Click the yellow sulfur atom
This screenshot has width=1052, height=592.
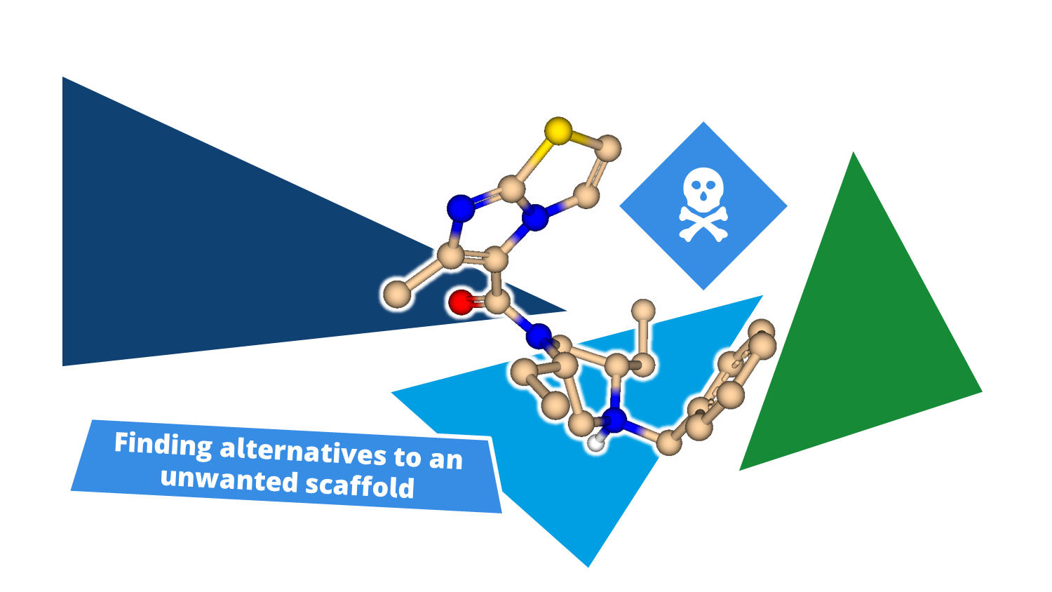click(x=558, y=130)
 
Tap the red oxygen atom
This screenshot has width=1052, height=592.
click(x=461, y=302)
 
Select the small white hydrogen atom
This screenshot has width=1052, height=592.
click(x=595, y=442)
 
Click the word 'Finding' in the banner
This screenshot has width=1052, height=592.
click(x=163, y=445)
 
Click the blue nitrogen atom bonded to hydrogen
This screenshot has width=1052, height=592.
click(x=614, y=420)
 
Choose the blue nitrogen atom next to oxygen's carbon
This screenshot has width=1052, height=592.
click(x=539, y=336)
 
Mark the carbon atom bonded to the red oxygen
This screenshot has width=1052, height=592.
click(x=497, y=303)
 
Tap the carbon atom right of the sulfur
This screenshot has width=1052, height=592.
click(x=610, y=147)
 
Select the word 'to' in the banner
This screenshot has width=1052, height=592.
click(x=407, y=457)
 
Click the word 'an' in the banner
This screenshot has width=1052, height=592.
click(x=446, y=460)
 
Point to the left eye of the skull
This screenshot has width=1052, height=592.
click(x=696, y=184)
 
